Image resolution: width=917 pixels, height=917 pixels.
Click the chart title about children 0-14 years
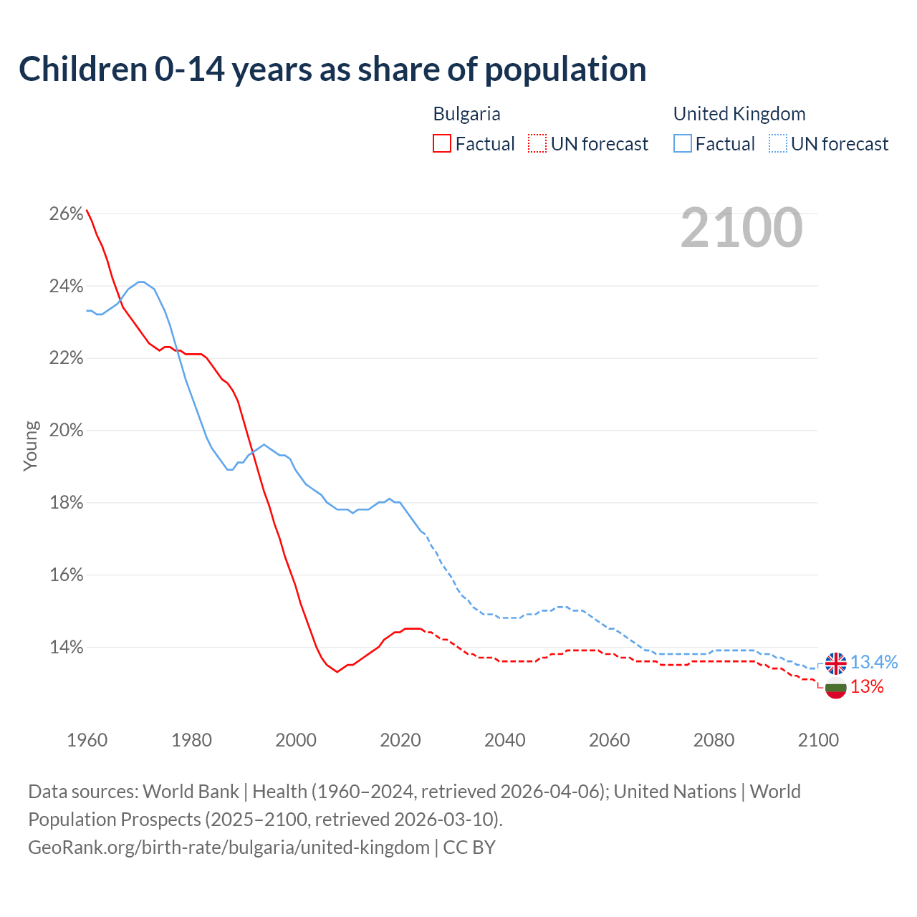point(332,69)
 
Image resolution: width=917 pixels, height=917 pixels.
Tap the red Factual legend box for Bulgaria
point(442,144)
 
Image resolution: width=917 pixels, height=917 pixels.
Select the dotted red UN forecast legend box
point(537,144)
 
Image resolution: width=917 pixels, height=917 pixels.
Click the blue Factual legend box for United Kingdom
point(683,144)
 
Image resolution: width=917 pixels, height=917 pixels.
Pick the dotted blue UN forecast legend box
point(778,144)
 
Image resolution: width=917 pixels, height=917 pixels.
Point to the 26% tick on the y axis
point(66,214)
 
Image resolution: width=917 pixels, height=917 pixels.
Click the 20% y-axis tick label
point(66,431)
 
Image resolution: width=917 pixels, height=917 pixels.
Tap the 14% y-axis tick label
point(66,648)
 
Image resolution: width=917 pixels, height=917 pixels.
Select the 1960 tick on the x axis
point(87,740)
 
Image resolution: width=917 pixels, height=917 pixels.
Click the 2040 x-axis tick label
point(504,740)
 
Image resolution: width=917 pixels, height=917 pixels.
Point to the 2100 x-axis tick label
point(818,740)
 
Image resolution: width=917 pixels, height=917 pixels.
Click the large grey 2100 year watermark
point(741,228)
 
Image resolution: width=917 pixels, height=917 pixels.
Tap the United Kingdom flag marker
point(835,663)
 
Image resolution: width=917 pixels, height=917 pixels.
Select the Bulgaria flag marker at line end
point(835,688)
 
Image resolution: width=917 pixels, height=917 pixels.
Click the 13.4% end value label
point(874,663)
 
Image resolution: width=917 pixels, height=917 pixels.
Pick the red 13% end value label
point(867,687)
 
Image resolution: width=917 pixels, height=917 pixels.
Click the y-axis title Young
point(30,446)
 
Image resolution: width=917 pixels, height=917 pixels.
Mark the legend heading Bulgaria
point(466,114)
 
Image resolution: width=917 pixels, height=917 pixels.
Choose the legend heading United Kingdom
point(739,114)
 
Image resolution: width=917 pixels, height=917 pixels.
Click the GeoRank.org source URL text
point(229,848)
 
